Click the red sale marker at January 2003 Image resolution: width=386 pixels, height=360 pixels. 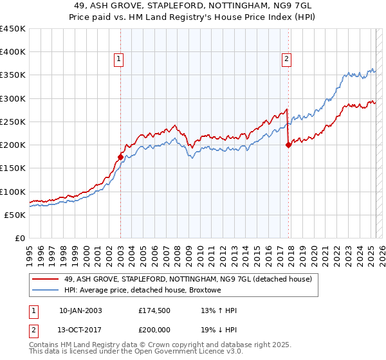pyautogui.click(x=120, y=156)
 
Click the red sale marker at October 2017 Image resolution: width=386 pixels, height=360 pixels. pyautogui.click(x=288, y=145)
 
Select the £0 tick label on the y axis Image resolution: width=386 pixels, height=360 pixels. pyautogui.click(x=20, y=238)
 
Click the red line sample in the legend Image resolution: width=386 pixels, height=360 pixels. pyautogui.click(x=46, y=279)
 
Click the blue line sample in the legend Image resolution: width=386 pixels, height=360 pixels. pyautogui.click(x=46, y=291)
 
